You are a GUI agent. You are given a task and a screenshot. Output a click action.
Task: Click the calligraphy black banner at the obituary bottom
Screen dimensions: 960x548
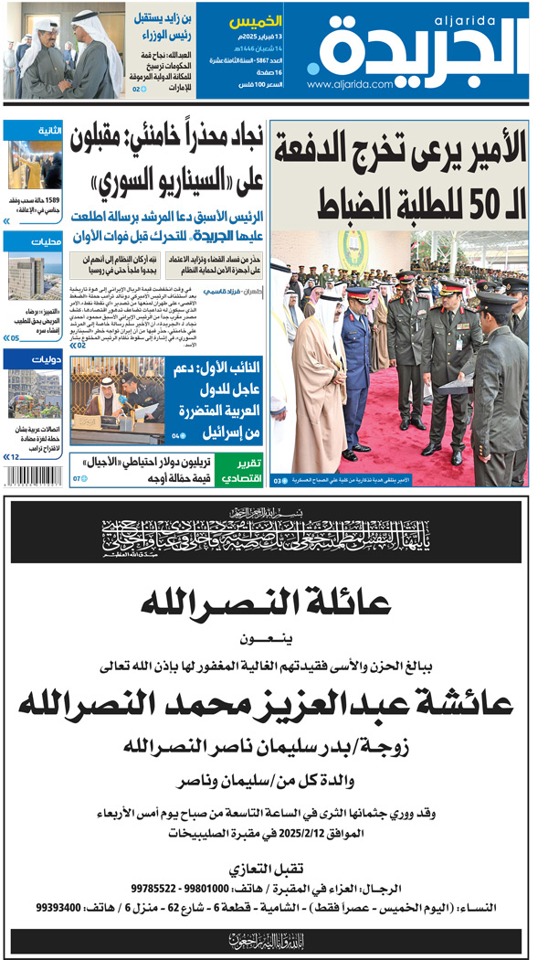[x=266, y=938]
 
